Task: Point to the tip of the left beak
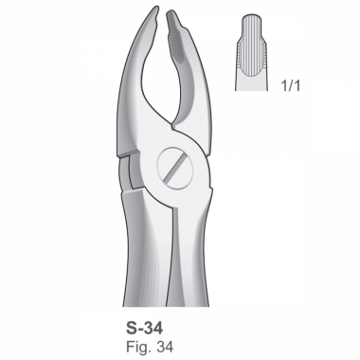tap(156, 8)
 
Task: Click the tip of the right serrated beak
tap(169, 12)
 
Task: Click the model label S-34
tap(145, 328)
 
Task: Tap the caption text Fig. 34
tap(150, 347)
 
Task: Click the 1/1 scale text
tap(291, 86)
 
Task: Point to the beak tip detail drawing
tap(252, 52)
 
